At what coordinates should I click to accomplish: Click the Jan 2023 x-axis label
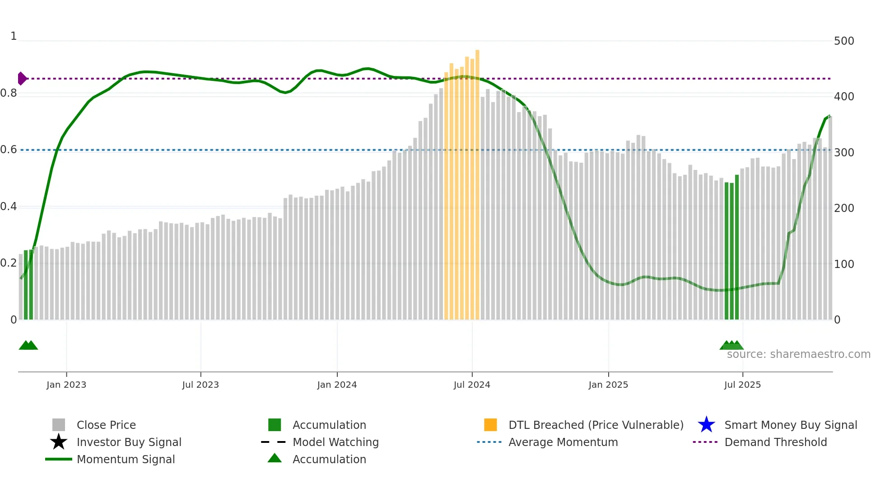click(66, 385)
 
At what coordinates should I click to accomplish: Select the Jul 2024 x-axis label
click(472, 385)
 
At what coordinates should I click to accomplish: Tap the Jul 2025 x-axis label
click(742, 385)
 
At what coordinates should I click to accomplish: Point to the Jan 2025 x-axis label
click(608, 385)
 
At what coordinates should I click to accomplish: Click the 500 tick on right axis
click(843, 41)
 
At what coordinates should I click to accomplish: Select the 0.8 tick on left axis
click(9, 94)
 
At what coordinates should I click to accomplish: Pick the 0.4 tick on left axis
click(9, 207)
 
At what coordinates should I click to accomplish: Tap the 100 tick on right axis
click(843, 264)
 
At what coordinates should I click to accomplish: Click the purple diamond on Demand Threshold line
click(22, 79)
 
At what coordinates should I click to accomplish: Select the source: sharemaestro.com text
click(798, 354)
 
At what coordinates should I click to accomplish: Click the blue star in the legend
click(706, 425)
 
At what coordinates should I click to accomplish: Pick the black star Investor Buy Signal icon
click(59, 442)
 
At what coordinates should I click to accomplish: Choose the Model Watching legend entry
click(335, 442)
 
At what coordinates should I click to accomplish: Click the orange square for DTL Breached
click(490, 425)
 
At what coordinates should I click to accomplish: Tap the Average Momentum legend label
click(563, 442)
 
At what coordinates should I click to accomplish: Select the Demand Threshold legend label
click(775, 442)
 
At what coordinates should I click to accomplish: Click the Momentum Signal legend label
click(126, 459)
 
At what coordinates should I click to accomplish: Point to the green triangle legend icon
click(275, 458)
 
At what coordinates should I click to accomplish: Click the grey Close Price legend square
click(59, 425)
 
